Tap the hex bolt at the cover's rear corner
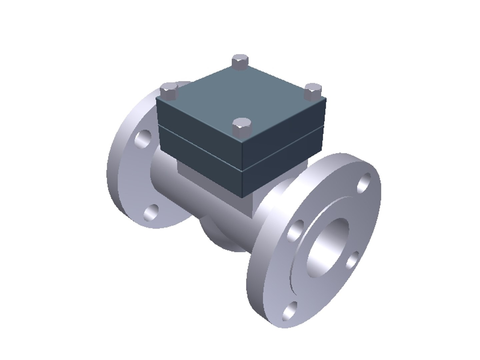(x=240, y=62)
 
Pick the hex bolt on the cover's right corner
(x=313, y=91)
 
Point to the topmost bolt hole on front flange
(x=364, y=182)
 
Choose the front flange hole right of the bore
(x=353, y=260)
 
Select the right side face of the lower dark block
(x=283, y=167)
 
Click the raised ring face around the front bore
(x=300, y=267)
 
